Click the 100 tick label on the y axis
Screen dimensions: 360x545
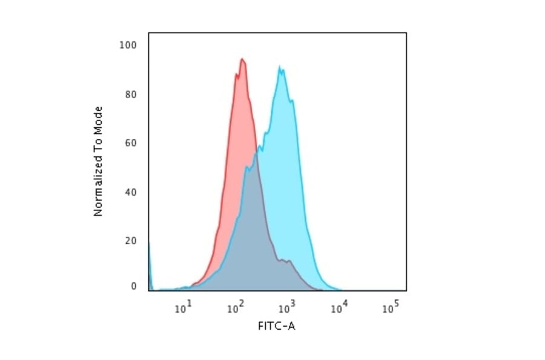tap(129, 45)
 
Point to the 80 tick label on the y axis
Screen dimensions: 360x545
tap(131, 94)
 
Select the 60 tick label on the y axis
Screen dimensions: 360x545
tap(131, 143)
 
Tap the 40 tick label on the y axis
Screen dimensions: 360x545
tap(131, 192)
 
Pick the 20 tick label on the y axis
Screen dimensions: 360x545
tap(131, 241)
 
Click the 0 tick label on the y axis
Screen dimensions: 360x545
tap(133, 286)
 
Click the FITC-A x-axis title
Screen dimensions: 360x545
tap(277, 327)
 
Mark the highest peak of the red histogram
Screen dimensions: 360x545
tap(242, 59)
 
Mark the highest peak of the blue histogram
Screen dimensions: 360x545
tap(280, 66)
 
